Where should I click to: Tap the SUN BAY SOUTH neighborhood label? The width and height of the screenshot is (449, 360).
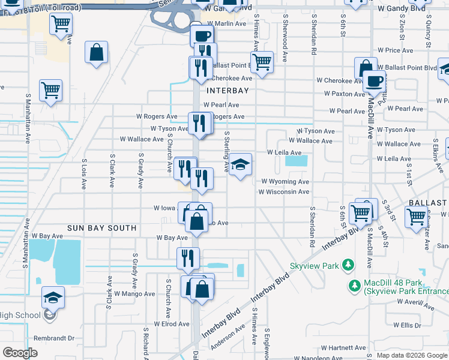[x=102, y=229]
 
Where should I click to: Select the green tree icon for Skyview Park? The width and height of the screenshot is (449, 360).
[x=347, y=265]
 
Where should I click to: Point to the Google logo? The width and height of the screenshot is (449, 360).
[x=20, y=352]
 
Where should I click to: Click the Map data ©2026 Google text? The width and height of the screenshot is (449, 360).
[x=412, y=355]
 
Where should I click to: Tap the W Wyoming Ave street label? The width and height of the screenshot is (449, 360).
[x=285, y=182]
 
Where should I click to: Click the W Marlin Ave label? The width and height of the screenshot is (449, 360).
[x=225, y=23]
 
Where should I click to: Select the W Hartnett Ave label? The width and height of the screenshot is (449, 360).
[x=343, y=348]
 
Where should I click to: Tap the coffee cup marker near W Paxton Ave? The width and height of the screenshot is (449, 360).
[x=375, y=81]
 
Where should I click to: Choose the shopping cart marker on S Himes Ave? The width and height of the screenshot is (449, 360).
[x=262, y=61]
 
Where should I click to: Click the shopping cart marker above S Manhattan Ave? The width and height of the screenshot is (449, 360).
[x=51, y=90]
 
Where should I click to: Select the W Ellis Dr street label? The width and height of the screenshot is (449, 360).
[x=408, y=325]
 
